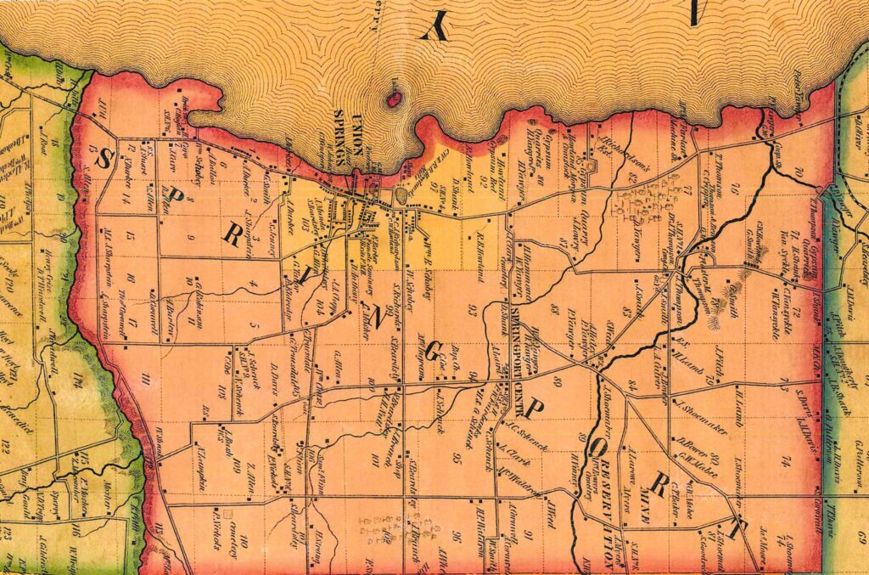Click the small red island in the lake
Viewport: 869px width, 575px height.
[394, 99]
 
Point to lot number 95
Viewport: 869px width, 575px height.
[457, 459]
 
